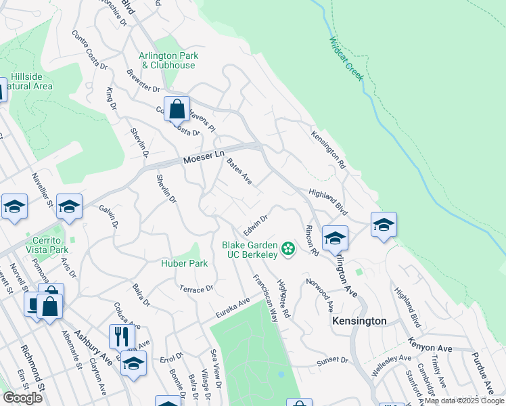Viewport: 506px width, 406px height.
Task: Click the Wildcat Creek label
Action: [x=347, y=58]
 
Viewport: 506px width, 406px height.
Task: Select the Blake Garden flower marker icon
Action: [x=288, y=249]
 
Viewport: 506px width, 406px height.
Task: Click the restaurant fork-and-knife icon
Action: [x=122, y=336]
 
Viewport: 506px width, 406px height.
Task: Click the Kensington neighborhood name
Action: [x=359, y=321]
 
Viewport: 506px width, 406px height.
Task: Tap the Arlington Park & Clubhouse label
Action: [x=168, y=61]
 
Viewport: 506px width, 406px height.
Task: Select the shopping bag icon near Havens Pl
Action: [x=177, y=109]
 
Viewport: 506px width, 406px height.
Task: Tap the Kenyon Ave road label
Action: [x=430, y=347]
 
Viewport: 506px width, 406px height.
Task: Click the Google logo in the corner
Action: [x=22, y=397]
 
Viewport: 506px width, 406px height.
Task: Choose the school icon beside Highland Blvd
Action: [x=384, y=225]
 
